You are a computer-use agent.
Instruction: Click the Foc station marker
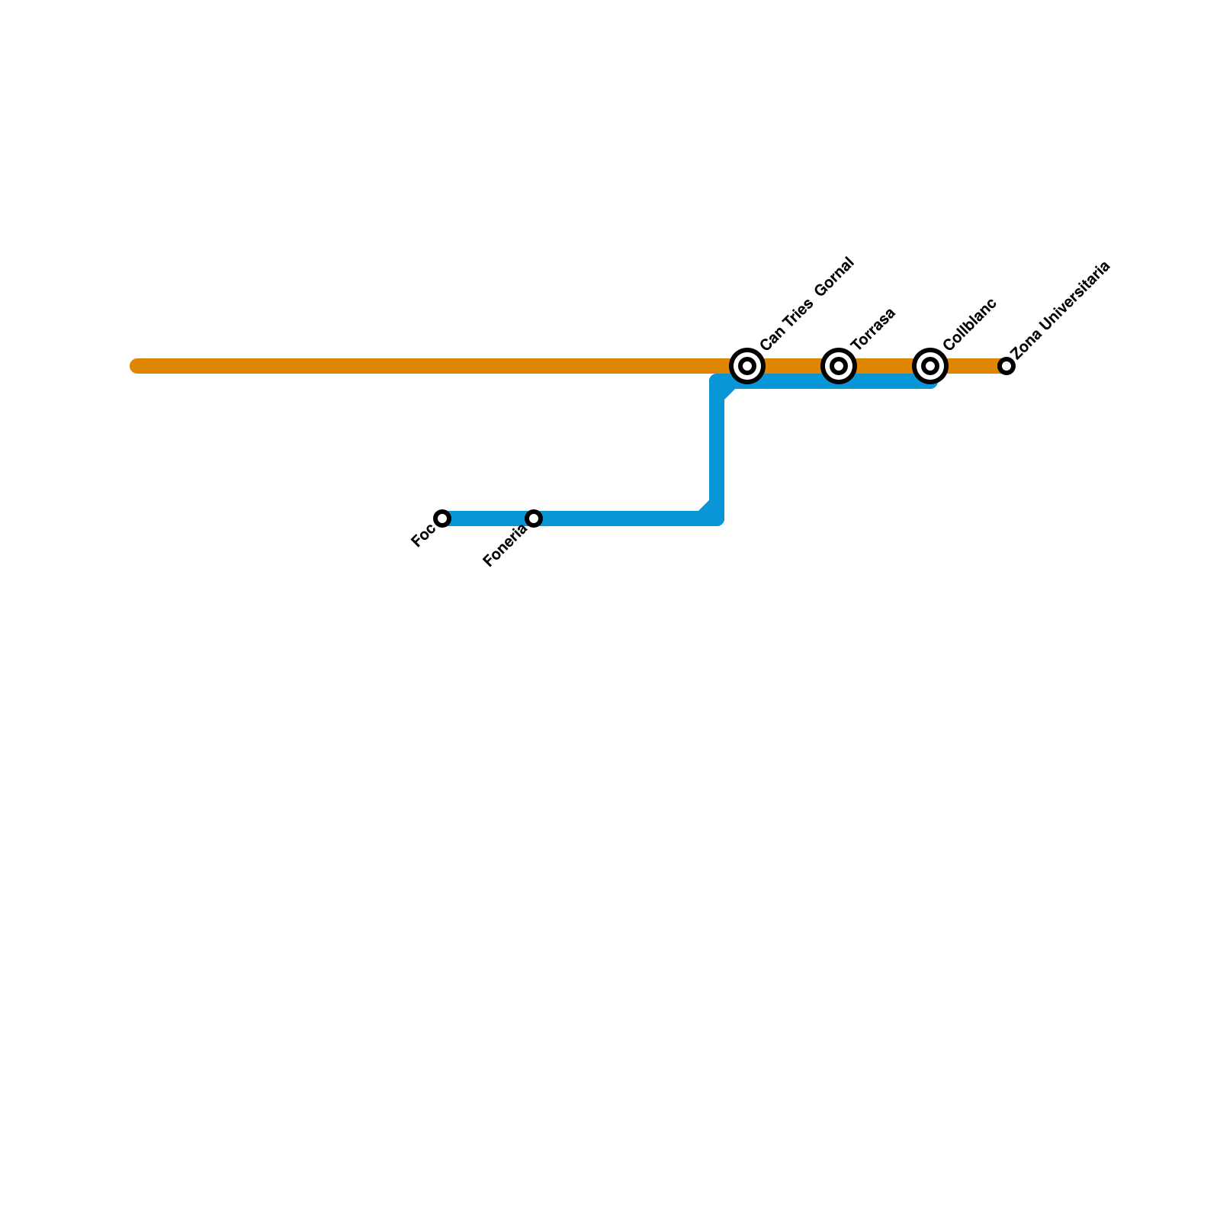coord(442,518)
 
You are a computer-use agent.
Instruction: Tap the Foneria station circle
coord(534,518)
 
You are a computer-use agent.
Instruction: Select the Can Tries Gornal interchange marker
coord(747,366)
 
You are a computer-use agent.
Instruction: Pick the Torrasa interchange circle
coord(839,366)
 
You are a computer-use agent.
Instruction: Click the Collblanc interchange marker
coord(930,366)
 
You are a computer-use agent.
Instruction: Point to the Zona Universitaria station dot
coord(1006,366)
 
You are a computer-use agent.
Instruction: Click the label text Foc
coord(422,537)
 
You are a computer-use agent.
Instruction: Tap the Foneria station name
coord(505,547)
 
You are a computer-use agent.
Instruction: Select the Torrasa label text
coord(873,329)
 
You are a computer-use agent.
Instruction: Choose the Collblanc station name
coord(970,324)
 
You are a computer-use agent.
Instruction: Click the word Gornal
coord(834,277)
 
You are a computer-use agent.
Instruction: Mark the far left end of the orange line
coord(136,366)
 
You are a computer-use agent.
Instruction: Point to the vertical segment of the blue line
coord(717,450)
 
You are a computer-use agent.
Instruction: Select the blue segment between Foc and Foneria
coord(488,518)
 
